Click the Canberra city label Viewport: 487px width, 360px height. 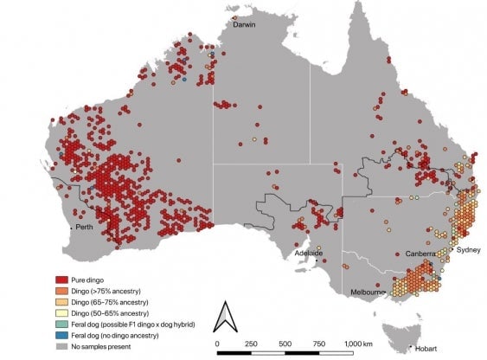tap(421, 254)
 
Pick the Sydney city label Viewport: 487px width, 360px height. tap(468, 249)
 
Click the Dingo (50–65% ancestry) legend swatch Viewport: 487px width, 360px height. tap(61, 312)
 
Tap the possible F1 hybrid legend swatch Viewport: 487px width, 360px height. tap(61, 323)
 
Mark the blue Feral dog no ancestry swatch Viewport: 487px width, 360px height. tap(61, 332)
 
